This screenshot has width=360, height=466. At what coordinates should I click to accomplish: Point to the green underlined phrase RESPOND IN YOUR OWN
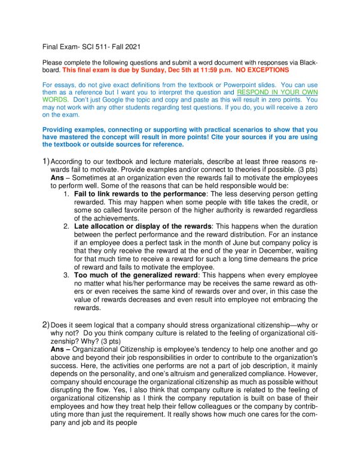pyautogui.click(x=277, y=92)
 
